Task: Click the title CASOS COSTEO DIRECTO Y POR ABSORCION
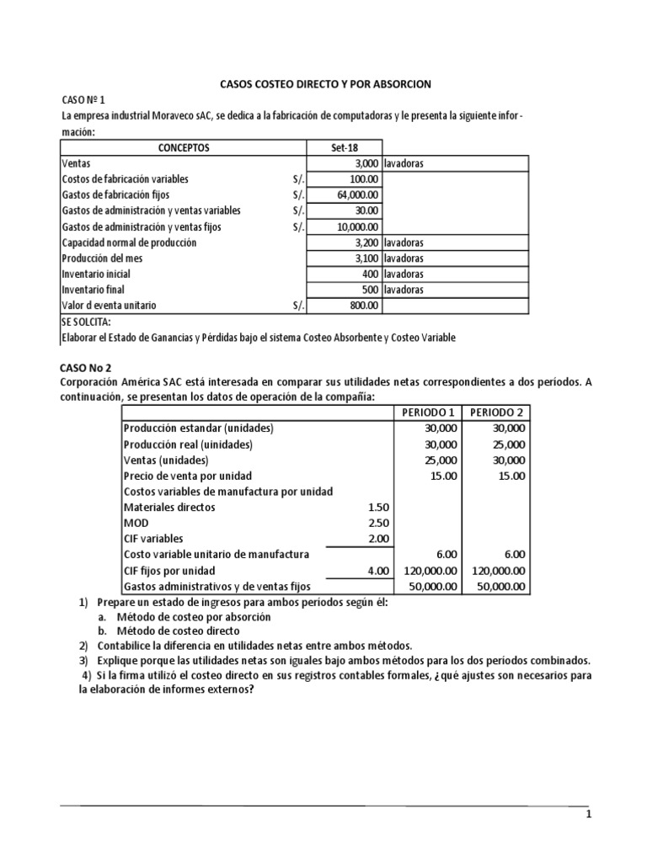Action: click(x=324, y=84)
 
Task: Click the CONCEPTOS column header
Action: click(x=184, y=148)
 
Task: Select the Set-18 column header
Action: click(x=345, y=148)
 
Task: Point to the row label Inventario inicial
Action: click(x=96, y=274)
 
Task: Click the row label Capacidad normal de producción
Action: click(x=129, y=242)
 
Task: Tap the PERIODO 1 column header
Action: click(x=428, y=412)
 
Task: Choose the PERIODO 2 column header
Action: click(x=496, y=412)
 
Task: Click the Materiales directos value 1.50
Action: click(x=378, y=508)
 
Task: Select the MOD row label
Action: click(x=136, y=524)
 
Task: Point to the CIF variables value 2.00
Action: click(x=378, y=539)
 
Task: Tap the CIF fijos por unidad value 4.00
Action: click(x=378, y=571)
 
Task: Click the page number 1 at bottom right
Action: click(x=590, y=816)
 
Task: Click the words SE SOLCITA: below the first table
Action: click(x=85, y=322)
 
